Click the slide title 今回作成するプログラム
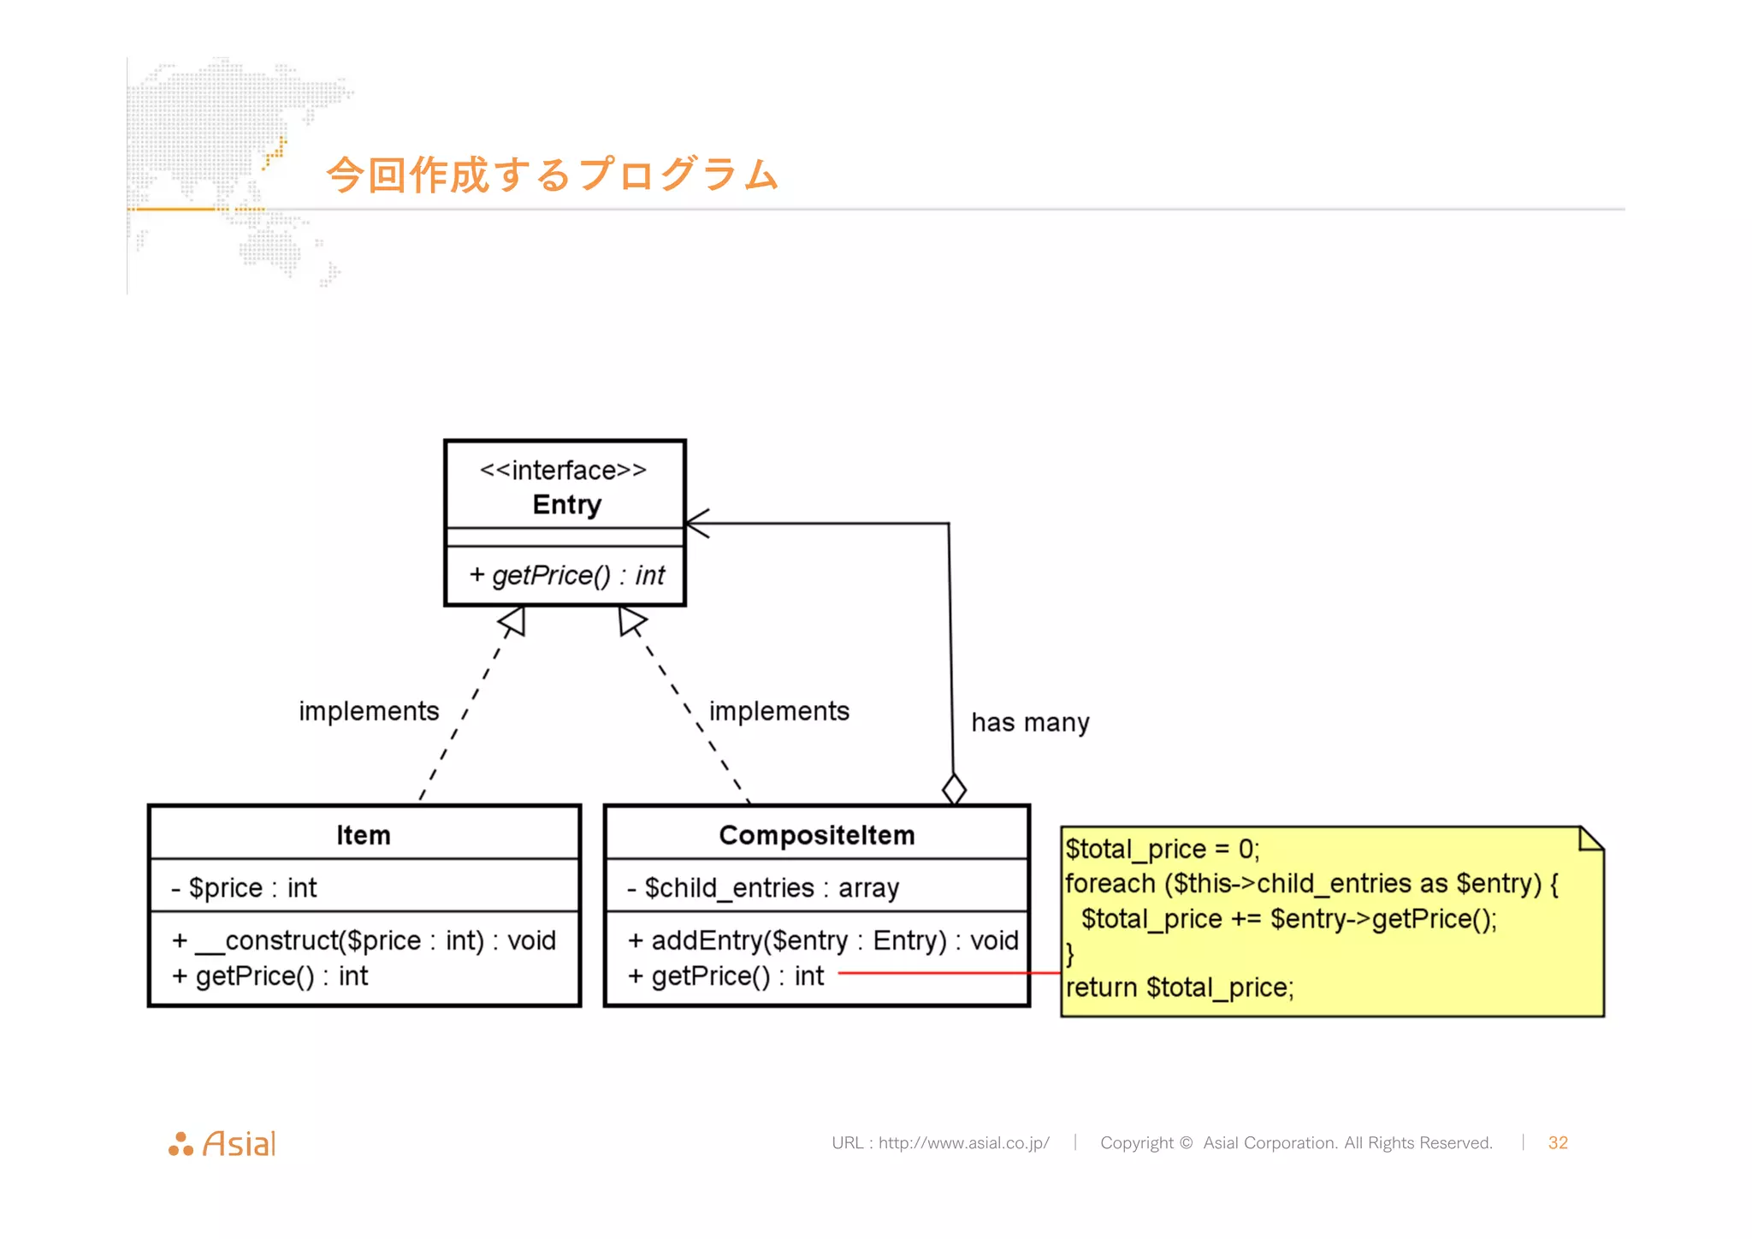(552, 175)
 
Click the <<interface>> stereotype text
(563, 470)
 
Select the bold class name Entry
(566, 504)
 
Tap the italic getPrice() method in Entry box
(566, 575)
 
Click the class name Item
(363, 834)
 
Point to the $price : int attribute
(245, 887)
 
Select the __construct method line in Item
(364, 940)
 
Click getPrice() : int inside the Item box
(270, 975)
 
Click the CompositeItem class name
(816, 834)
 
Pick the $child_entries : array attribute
(763, 887)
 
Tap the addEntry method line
(822, 940)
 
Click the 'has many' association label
(1030, 722)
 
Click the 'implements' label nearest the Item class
(369, 710)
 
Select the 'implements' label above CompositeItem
(778, 710)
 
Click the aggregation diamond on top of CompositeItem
(954, 788)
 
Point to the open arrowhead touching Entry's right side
(696, 523)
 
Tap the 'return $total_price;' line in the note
(1180, 987)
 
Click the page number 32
(1557, 1142)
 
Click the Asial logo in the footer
(222, 1143)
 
